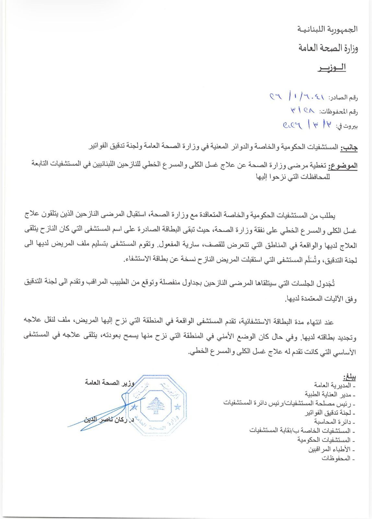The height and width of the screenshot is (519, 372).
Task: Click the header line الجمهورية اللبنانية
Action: coord(328,29)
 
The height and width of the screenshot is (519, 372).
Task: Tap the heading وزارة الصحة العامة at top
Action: coord(328,49)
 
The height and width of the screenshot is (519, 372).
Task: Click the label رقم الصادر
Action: coord(343,97)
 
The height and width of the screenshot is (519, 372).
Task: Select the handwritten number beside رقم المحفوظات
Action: coord(303,110)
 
